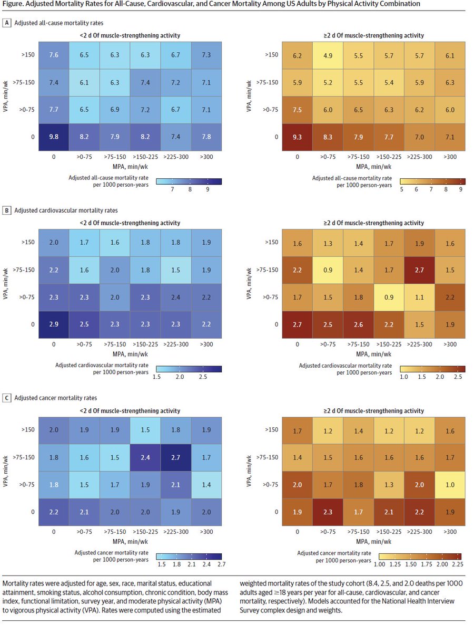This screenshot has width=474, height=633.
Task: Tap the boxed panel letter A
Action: [x=7, y=24]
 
